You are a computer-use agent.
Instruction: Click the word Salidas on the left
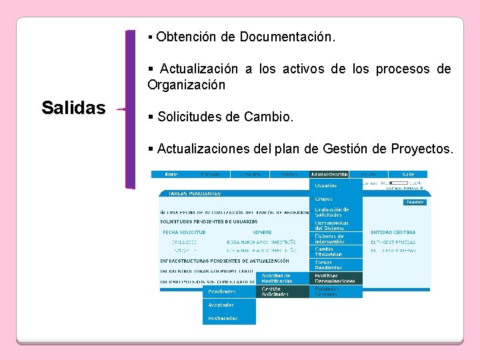[x=73, y=107]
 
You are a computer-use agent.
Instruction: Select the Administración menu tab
[x=329, y=174]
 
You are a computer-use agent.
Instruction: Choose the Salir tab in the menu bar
[x=407, y=174]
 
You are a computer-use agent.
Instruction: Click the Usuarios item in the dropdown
[x=326, y=185]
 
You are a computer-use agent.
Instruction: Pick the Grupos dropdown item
[x=324, y=199]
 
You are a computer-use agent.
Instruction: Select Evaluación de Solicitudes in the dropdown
[x=332, y=212]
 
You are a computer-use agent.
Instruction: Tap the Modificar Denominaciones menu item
[x=335, y=278]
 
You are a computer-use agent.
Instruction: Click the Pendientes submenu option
[x=222, y=291]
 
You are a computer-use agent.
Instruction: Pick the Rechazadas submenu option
[x=223, y=318]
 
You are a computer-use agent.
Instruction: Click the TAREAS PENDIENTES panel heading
[x=195, y=194]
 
